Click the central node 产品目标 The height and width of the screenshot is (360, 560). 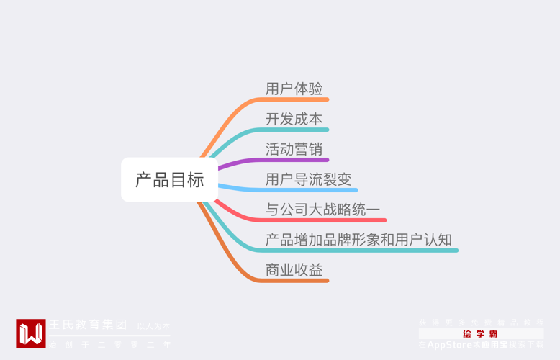click(x=169, y=180)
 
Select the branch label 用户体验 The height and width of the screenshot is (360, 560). click(x=294, y=89)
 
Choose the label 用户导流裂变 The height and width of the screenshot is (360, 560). click(x=308, y=179)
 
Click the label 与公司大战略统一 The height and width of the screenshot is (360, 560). click(x=322, y=210)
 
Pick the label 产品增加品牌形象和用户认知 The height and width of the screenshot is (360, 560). click(x=358, y=240)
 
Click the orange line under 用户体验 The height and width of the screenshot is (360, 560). click(x=295, y=99)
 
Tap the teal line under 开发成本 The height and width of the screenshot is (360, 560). click(x=295, y=130)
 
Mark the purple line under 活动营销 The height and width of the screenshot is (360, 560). click(x=295, y=160)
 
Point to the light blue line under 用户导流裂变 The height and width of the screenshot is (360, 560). click(x=310, y=190)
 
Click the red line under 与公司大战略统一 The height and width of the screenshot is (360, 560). click(x=324, y=220)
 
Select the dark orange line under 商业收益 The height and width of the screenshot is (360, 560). click(x=295, y=280)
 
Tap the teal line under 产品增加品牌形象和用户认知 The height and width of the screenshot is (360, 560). click(x=360, y=251)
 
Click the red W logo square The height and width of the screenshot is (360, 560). click(x=30, y=333)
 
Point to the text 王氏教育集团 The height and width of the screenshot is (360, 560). click(x=87, y=325)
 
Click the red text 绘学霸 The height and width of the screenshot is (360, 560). click(x=480, y=334)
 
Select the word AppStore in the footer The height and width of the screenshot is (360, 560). click(x=449, y=345)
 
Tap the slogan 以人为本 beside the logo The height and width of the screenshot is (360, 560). click(x=153, y=326)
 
